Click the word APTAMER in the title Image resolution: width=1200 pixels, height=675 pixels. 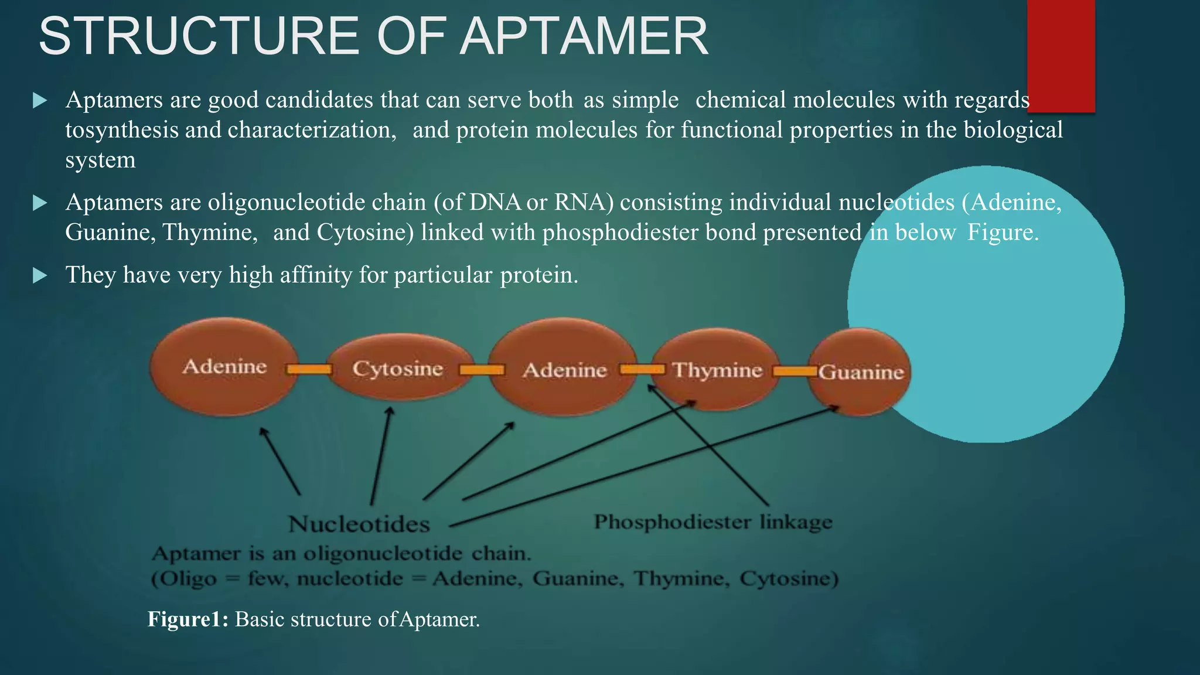pos(584,36)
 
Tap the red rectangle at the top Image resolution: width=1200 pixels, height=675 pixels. pos(1061,56)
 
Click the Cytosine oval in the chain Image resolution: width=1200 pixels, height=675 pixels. pos(398,368)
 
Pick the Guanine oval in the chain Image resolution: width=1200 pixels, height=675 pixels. pos(860,371)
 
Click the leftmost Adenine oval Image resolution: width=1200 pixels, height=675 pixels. pos(224,367)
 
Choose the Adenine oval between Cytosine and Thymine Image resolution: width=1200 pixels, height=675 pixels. pos(564,370)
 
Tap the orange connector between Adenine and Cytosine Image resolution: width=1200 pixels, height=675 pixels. pos(309,369)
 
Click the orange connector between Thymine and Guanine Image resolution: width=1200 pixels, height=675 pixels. pos(795,371)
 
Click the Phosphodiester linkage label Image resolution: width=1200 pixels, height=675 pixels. pos(712,521)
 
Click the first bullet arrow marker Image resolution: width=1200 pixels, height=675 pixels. pos(40,100)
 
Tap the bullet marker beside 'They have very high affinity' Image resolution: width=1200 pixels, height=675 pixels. pos(40,275)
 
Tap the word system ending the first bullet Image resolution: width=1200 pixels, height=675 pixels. pos(100,160)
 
